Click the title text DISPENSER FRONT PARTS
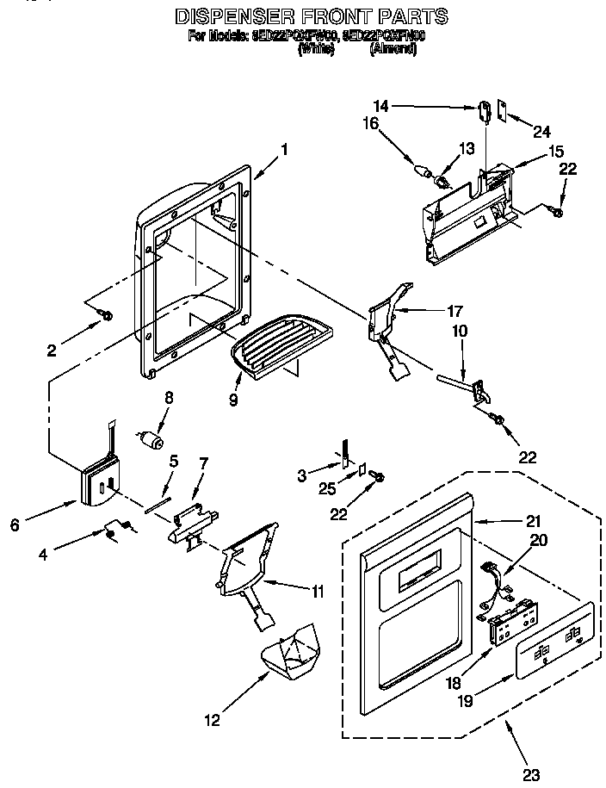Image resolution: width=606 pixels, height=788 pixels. (312, 16)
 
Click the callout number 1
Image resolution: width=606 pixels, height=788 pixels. (283, 149)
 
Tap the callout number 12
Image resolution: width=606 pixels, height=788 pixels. (211, 719)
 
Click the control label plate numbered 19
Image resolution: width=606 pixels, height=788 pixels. (553, 642)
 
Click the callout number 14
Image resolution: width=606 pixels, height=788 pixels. (381, 106)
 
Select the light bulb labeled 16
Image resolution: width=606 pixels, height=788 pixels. (424, 170)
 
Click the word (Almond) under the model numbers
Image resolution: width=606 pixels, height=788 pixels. (393, 50)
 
